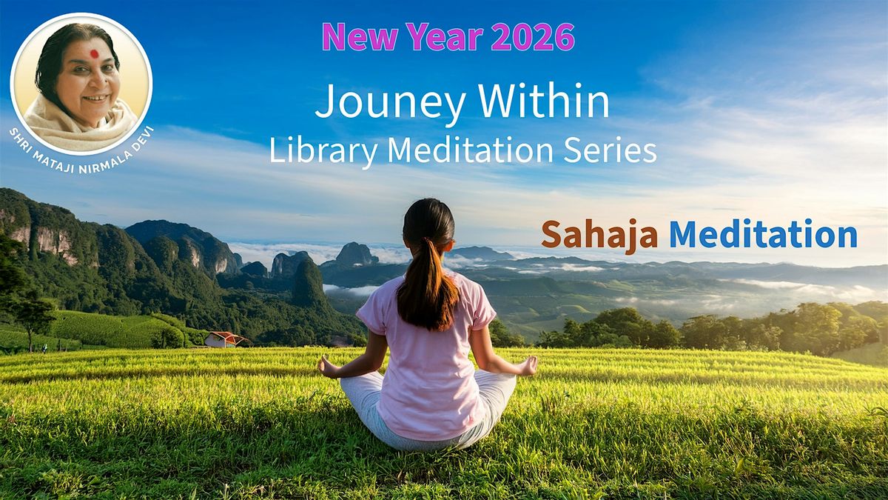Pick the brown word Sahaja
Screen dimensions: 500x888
[599, 235]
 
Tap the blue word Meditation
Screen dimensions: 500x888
[763, 235]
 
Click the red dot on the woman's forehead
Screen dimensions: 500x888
[94, 54]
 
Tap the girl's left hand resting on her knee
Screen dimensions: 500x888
[328, 365]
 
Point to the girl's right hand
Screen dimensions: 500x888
[527, 365]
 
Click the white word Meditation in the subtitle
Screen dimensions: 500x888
[469, 150]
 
